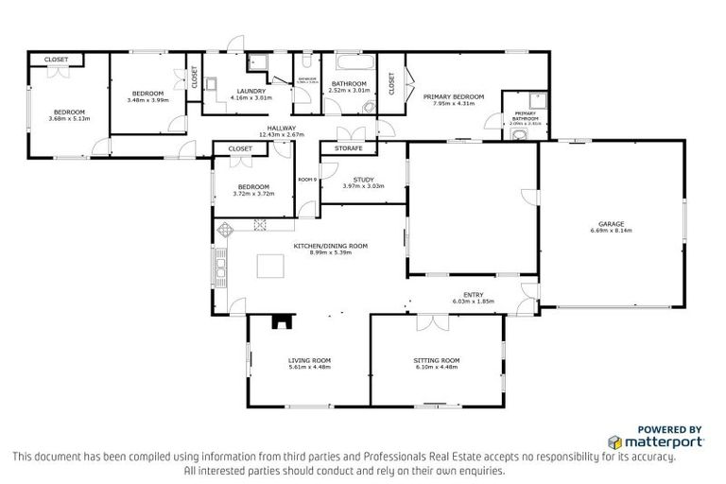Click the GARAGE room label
(x=611, y=223)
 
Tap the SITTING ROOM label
(x=436, y=360)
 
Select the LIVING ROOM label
(x=309, y=360)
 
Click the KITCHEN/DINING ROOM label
(x=330, y=245)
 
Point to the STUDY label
(x=363, y=179)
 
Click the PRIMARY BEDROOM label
(x=453, y=96)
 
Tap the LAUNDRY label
(x=251, y=91)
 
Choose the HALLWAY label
(x=282, y=128)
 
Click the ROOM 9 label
(x=306, y=179)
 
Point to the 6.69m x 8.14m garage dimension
(x=611, y=230)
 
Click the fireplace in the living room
(x=282, y=323)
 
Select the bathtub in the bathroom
(x=347, y=64)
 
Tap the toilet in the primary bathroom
(x=515, y=134)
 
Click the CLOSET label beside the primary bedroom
(x=390, y=83)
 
